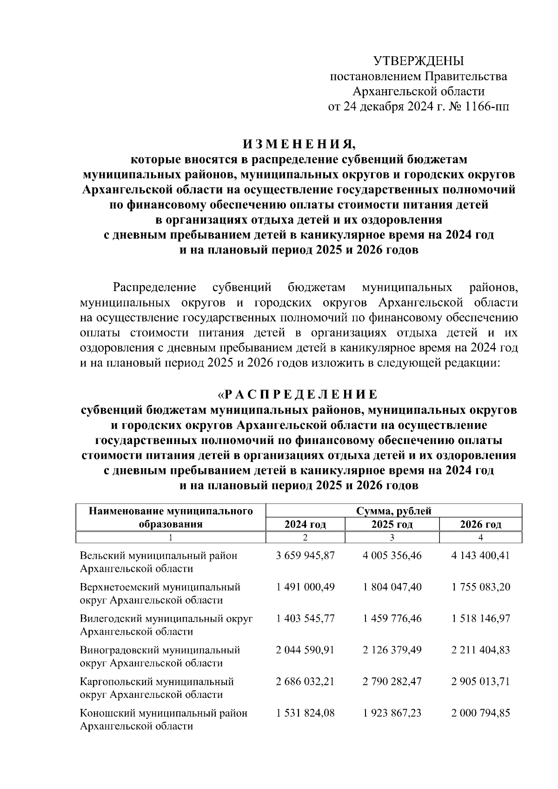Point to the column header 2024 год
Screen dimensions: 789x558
[305, 524]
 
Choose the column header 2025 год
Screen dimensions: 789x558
[392, 524]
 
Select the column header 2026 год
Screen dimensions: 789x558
[480, 524]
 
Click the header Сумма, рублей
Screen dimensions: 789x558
[393, 511]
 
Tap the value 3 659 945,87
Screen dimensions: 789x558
[305, 556]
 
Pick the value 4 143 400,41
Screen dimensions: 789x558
[480, 556]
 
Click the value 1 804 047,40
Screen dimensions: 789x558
[392, 587]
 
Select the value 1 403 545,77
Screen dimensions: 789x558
[305, 618]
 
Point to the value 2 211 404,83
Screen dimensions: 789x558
[480, 650]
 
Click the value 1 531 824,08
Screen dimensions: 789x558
[305, 712]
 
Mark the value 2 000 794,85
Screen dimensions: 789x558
[480, 712]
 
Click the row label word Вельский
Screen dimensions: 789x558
[99, 556]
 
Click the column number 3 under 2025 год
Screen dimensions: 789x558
[392, 537]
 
